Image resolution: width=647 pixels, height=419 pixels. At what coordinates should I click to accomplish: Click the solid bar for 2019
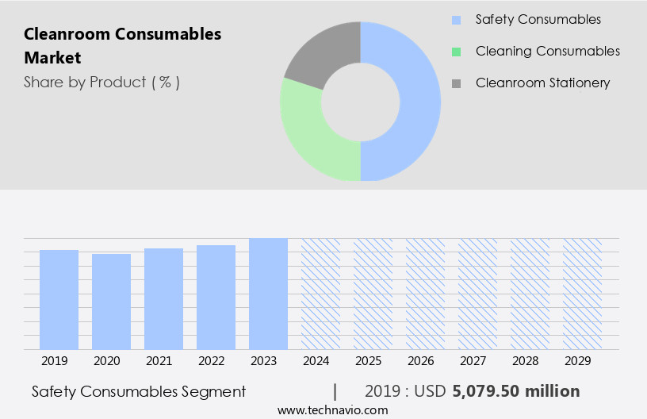[x=59, y=299]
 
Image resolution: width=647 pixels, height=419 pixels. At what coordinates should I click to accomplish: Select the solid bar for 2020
[x=111, y=302]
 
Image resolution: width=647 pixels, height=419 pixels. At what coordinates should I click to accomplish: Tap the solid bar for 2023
[x=268, y=294]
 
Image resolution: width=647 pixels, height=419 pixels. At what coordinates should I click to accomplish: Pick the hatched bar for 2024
[x=320, y=294]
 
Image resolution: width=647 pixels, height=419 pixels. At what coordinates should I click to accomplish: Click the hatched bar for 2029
[x=582, y=294]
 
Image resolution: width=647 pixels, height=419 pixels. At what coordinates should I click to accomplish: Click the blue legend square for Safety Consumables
[x=456, y=20]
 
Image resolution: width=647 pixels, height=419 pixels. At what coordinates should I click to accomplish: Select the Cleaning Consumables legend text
[x=548, y=51]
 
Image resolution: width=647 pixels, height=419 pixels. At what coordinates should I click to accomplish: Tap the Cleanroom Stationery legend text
[x=542, y=83]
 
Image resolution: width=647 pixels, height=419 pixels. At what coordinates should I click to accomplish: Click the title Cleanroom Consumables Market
[x=123, y=46]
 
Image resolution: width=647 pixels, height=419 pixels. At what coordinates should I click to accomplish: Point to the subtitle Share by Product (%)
[x=101, y=82]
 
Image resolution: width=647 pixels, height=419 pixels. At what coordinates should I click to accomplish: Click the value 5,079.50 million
[x=516, y=391]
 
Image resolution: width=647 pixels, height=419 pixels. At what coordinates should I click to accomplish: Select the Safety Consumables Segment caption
[x=139, y=391]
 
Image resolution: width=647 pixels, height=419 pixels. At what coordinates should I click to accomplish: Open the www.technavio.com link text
[x=332, y=409]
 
